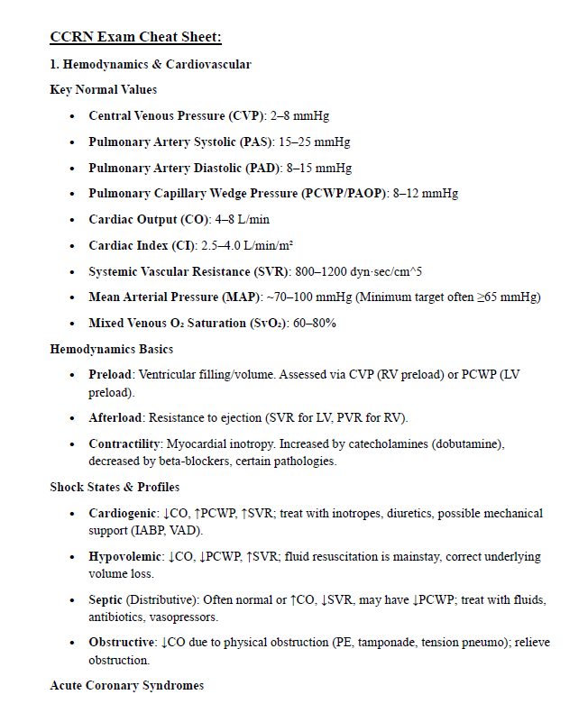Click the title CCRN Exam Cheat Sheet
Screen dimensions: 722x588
135,37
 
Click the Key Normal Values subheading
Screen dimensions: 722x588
103,89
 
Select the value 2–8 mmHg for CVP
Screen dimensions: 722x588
300,116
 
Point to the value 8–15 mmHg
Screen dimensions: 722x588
319,169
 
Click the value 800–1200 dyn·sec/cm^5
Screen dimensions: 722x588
358,271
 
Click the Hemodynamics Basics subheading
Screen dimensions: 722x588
112,349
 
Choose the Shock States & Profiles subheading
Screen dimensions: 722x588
115,487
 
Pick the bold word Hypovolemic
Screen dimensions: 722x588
124,556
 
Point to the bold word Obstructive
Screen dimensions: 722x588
121,643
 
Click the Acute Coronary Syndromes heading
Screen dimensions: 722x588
126,686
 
